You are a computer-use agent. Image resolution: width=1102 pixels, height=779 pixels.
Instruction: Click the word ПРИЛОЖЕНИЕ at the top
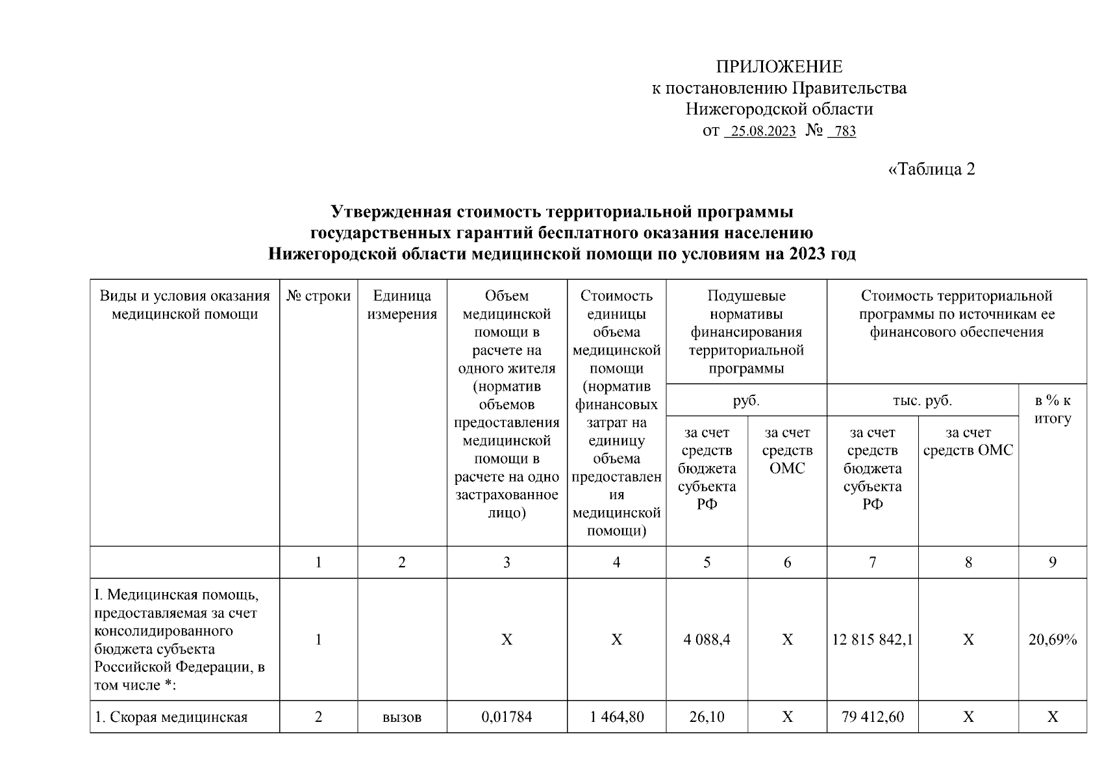779,67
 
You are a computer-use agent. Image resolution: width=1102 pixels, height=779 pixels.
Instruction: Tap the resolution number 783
845,132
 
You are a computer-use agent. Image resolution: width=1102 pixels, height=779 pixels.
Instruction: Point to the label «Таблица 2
931,169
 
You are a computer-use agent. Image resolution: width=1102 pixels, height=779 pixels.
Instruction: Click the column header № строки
318,297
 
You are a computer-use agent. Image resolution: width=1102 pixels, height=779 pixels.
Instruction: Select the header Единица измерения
402,305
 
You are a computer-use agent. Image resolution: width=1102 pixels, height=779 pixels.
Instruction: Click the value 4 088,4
707,640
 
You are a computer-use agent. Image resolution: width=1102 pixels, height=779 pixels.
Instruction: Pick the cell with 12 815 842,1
872,640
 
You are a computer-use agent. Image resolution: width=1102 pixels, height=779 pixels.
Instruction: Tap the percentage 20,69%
1053,640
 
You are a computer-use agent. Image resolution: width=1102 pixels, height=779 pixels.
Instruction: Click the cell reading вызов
402,717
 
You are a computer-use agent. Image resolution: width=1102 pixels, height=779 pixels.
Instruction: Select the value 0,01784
507,717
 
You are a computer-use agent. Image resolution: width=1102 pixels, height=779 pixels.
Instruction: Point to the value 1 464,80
616,717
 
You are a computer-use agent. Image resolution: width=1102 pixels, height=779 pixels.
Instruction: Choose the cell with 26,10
707,717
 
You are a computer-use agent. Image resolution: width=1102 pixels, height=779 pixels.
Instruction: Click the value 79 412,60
872,717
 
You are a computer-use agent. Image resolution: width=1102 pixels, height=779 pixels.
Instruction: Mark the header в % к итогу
1053,410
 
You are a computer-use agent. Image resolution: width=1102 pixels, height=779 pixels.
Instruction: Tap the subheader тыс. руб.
922,401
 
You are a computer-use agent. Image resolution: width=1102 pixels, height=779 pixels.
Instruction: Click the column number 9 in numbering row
1053,563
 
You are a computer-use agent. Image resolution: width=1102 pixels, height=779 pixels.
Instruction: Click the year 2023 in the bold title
807,254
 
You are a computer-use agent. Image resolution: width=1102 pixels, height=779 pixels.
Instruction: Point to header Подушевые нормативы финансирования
746,332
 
